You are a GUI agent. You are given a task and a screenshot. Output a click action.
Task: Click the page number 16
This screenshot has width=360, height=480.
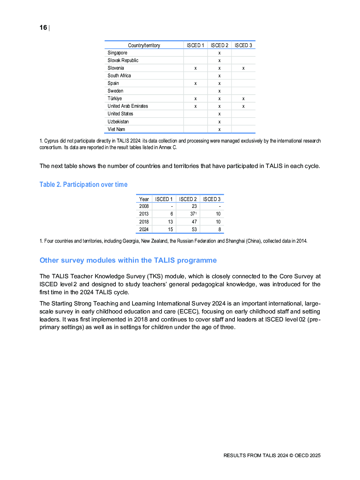43,28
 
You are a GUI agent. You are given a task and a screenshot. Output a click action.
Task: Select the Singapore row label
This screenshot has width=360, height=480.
117,53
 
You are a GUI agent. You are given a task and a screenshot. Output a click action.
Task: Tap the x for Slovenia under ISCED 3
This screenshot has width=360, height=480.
243,68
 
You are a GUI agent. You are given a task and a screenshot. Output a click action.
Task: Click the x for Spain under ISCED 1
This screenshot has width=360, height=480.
195,83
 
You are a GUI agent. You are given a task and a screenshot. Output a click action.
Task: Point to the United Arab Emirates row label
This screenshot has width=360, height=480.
128,106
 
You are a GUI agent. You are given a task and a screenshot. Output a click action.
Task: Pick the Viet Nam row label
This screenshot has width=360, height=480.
116,130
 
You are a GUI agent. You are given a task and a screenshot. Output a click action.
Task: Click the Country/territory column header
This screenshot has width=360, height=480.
144,45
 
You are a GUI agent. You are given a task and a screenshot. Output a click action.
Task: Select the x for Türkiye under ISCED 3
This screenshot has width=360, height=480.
243,99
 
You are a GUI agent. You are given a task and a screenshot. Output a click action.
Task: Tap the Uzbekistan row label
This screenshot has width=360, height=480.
118,122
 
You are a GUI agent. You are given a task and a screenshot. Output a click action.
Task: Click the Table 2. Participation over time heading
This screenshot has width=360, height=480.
83,185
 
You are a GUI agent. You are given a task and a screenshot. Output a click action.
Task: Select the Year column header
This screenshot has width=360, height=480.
144,199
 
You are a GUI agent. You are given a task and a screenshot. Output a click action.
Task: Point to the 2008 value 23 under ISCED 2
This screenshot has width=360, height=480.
194,206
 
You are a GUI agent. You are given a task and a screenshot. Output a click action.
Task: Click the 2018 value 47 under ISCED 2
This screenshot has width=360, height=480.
194,222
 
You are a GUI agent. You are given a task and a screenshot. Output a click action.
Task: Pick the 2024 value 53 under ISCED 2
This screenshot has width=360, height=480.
194,230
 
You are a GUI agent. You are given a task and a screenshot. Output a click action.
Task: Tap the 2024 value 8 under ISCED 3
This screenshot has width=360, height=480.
220,230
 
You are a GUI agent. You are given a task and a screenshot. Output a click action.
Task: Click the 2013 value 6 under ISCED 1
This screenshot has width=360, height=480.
172,214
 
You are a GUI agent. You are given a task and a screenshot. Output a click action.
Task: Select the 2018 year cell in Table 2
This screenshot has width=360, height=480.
144,222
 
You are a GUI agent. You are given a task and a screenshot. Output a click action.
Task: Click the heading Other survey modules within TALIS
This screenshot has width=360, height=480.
128,260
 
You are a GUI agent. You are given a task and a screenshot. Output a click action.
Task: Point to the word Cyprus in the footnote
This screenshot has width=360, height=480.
51,141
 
